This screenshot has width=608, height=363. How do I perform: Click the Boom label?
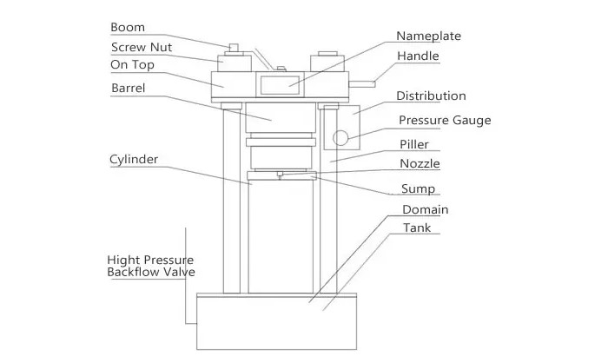click(128, 27)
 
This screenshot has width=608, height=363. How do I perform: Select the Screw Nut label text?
click(142, 47)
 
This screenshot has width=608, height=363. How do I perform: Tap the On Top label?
click(132, 65)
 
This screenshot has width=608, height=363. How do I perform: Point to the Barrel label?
click(129, 88)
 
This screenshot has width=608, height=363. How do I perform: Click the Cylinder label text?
click(134, 160)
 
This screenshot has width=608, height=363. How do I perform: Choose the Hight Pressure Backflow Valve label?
click(151, 266)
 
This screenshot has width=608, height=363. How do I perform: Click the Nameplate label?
click(428, 36)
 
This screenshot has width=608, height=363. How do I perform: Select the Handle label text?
click(418, 56)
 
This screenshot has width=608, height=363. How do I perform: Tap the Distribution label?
click(431, 96)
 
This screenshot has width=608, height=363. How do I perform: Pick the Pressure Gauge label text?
click(445, 120)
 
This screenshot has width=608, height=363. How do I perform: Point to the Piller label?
click(414, 144)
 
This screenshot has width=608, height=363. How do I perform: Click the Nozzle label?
click(420, 163)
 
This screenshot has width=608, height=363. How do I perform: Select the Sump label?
click(418, 188)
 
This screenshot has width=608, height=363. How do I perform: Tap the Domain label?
click(426, 210)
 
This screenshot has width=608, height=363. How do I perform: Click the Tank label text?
click(417, 228)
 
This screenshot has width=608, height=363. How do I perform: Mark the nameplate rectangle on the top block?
click(280, 85)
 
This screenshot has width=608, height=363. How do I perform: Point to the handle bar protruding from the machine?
click(362, 84)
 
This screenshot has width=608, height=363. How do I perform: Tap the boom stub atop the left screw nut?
click(234, 47)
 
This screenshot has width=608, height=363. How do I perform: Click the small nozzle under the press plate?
click(280, 175)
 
